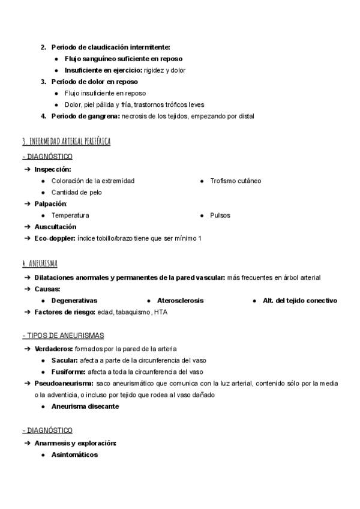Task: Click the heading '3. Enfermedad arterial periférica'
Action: coord(66,142)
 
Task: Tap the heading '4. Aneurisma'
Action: coord(40,263)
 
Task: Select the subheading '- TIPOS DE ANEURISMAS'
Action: coord(63,335)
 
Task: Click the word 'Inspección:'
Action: coord(52,169)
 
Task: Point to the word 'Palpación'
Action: coord(50,203)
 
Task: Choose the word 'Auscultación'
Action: coord(55,227)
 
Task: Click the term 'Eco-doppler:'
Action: coord(55,238)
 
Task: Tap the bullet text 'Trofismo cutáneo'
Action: coord(236,181)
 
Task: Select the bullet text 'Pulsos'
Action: coord(220,215)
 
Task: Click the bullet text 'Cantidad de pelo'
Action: coord(77,192)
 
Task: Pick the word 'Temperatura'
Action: coord(70,215)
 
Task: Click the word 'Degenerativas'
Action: coord(74,300)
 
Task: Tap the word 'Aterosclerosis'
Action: coord(180,300)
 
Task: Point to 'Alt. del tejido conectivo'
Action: coord(300,300)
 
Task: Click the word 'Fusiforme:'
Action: coord(68,371)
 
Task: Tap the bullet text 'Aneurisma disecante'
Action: coord(85,406)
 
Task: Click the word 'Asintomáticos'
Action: coord(74,454)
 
